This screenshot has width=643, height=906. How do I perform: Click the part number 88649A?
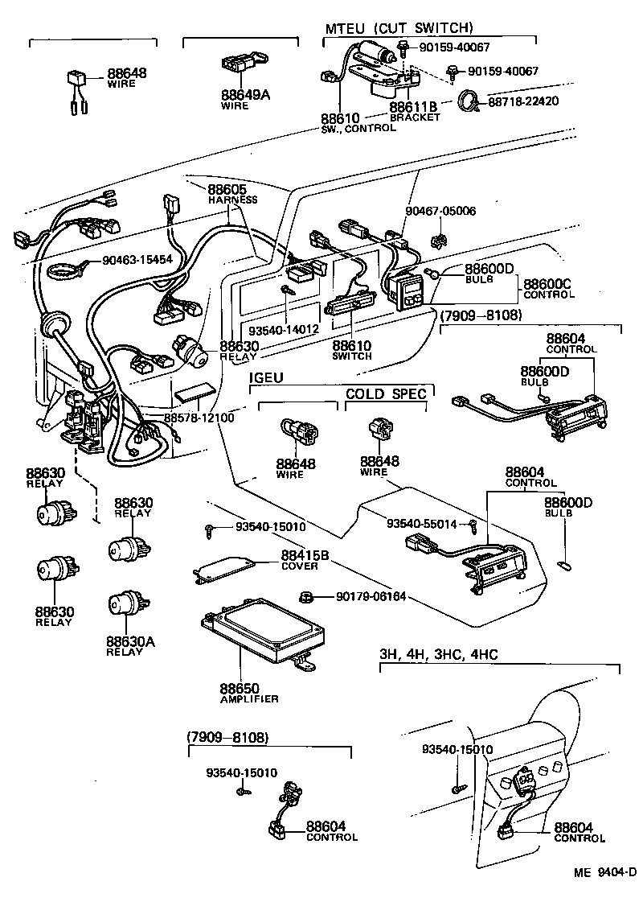tap(245, 95)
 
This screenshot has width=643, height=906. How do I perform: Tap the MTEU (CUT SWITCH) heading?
tap(399, 28)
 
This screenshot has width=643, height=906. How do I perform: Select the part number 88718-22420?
tap(523, 101)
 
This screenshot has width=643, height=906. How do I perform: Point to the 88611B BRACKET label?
tap(414, 111)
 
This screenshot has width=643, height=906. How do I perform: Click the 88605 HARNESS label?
tap(231, 193)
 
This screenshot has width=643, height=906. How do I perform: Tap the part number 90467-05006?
tap(440, 211)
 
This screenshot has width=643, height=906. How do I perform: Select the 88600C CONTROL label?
tap(549, 288)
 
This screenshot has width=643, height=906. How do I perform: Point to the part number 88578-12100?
tap(199, 418)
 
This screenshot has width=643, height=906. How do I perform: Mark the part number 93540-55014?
tap(421, 524)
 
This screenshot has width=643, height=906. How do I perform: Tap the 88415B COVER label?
tap(299, 560)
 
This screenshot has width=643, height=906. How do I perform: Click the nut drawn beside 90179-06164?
tap(305, 596)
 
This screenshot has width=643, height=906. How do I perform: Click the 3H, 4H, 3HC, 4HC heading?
tap(438, 654)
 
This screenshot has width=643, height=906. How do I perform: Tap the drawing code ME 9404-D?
tap(604, 874)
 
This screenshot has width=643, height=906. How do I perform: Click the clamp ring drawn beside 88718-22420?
tap(469, 102)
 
